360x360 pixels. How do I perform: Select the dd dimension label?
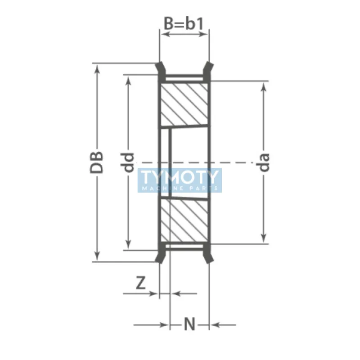tap(129, 162)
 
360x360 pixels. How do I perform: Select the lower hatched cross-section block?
tap(184, 220)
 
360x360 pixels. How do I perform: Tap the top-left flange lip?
tap(160, 69)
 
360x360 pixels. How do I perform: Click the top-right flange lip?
tap(208, 69)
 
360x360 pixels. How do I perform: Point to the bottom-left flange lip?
tap(160, 256)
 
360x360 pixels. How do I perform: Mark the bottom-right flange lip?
tap(208, 256)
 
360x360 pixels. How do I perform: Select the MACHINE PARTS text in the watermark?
tap(180, 188)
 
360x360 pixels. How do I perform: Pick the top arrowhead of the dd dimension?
tap(129, 80)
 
